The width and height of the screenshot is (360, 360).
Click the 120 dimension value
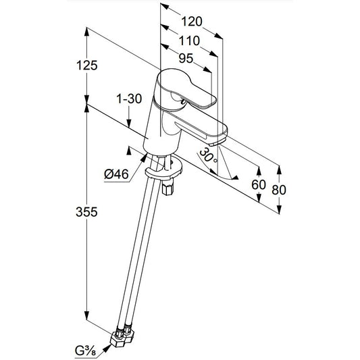192,22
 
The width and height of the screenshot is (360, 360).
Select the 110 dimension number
189,41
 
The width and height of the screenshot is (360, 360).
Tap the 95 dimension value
186,58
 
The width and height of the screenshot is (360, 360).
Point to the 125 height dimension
86,66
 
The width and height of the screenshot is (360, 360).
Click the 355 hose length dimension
86,211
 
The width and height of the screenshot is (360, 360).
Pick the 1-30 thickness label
129,99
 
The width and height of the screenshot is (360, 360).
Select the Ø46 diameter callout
116,174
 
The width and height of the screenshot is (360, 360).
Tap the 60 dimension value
259,184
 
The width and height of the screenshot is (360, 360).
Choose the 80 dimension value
279,190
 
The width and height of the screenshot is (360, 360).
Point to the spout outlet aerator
215,143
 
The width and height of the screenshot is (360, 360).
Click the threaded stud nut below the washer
168,188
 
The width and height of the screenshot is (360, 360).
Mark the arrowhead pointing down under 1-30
129,123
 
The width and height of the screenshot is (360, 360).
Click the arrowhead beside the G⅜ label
107,349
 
